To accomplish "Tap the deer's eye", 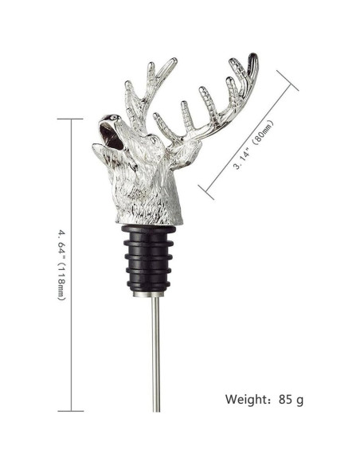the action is (x=153, y=139).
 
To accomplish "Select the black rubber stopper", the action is (x=149, y=258).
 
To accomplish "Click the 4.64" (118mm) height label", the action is (x=61, y=264).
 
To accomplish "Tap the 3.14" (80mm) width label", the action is (x=253, y=144).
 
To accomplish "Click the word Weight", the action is (x=246, y=399).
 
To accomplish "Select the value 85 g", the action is (x=291, y=400).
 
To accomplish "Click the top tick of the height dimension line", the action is (x=70, y=119).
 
